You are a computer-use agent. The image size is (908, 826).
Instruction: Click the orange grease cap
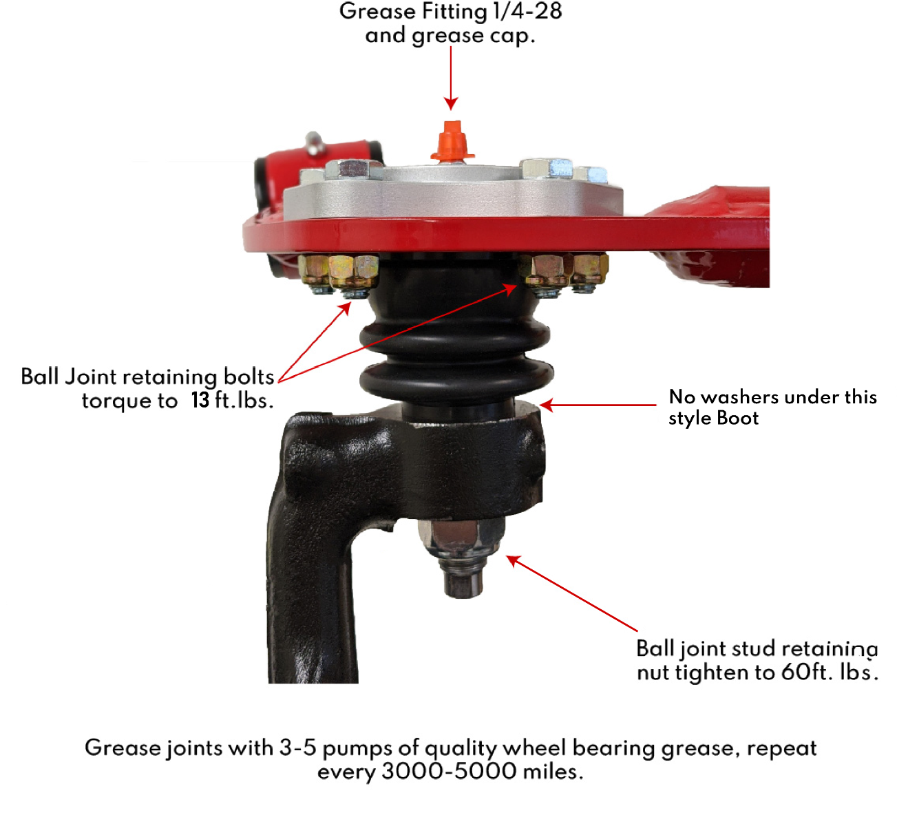[452, 142]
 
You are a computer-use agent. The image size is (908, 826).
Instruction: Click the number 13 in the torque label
[200, 400]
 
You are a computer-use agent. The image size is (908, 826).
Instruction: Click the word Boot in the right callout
[737, 418]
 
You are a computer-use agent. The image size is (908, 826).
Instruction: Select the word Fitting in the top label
[454, 12]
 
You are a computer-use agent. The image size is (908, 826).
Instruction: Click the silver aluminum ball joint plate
[454, 196]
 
